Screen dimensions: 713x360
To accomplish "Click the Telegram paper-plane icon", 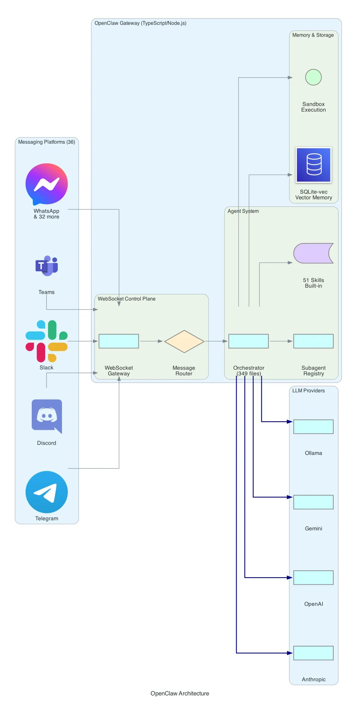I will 47,492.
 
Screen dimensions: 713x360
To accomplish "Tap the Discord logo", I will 47,416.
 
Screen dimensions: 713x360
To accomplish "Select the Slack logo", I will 47,341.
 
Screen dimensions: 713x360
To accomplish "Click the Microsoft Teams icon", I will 47,266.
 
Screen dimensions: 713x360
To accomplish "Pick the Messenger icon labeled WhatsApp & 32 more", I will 47,184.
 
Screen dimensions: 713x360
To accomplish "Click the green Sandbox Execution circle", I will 313,77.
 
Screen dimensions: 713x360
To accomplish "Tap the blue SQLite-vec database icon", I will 313,165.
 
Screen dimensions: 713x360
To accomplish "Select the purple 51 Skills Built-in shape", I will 313,253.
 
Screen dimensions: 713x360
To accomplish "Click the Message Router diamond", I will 184,341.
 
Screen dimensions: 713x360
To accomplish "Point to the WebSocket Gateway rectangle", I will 119,341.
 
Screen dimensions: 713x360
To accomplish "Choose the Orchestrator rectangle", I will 248,341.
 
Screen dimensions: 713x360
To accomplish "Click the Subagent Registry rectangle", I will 313,341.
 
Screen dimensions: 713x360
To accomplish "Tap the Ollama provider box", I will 313,427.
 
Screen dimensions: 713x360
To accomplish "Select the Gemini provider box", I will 313,502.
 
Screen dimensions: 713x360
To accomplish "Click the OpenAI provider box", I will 313,578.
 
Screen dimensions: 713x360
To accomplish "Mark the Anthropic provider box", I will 313,653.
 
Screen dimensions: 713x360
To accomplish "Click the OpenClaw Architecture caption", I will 180,693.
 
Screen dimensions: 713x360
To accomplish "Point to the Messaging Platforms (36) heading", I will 47,142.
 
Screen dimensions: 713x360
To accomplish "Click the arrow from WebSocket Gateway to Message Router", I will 151,341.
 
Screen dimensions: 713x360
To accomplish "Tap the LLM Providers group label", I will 308,390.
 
